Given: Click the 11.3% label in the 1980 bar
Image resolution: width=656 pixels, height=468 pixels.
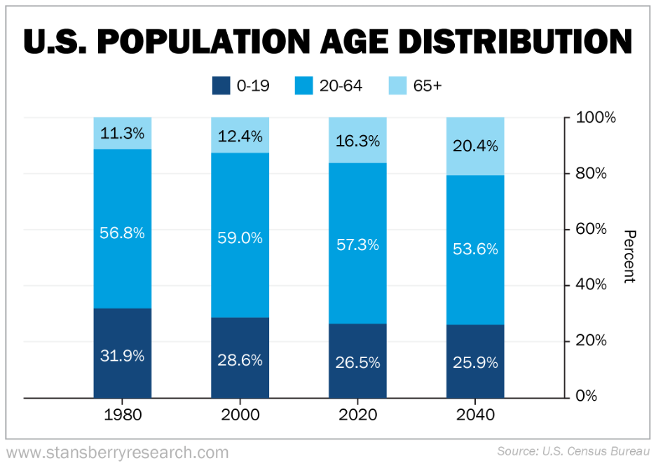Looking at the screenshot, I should [x=122, y=133].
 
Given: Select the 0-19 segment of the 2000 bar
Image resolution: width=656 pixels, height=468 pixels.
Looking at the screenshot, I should [x=240, y=357].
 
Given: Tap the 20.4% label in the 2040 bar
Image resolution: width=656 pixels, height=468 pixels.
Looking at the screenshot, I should [x=475, y=146].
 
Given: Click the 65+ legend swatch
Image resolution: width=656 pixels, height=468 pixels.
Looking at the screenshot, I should [x=397, y=86].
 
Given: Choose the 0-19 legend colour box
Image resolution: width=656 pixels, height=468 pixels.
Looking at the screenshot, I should [x=221, y=86].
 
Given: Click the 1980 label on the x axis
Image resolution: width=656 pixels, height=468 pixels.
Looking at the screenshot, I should [x=122, y=415].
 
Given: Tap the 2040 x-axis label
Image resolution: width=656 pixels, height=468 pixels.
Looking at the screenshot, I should [x=475, y=415].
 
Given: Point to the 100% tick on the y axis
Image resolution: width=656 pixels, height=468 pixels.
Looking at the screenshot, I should [x=595, y=118].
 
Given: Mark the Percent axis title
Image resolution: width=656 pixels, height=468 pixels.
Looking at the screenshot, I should [x=629, y=256].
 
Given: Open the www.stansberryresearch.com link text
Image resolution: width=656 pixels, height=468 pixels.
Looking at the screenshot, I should [x=118, y=452].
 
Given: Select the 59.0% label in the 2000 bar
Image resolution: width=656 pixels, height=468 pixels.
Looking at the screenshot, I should [x=240, y=238].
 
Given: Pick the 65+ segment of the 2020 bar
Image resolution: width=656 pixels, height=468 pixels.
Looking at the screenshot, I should [x=357, y=140].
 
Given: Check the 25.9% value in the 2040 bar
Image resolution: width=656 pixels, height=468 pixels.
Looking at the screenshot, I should [x=475, y=363].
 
